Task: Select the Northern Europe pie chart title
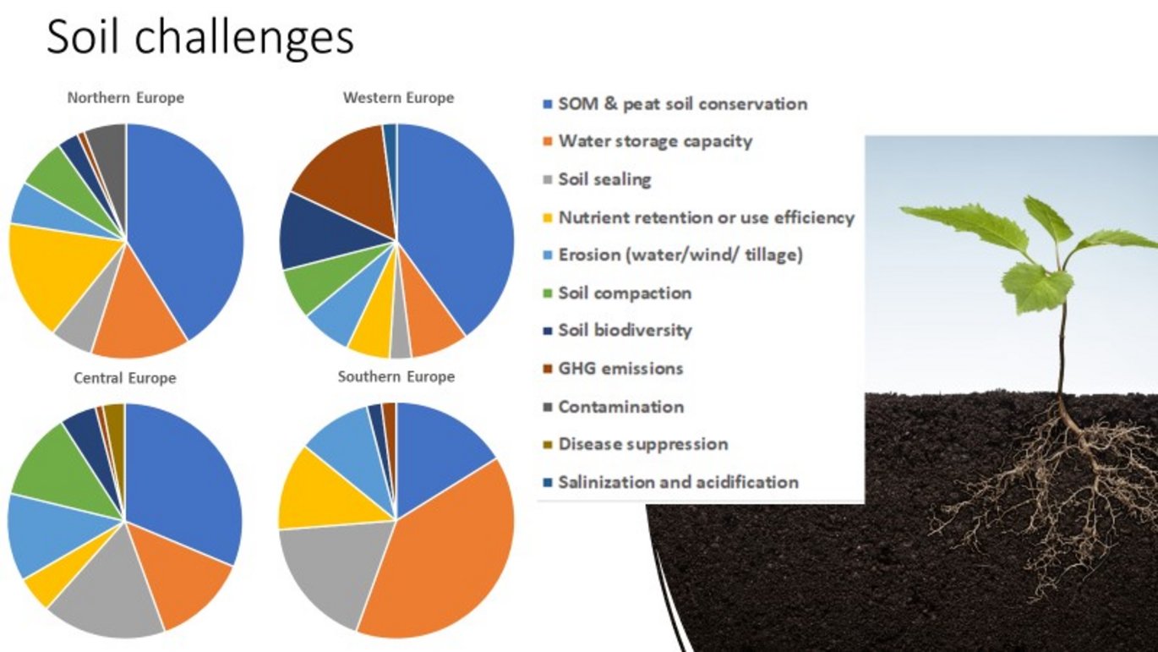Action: (x=126, y=98)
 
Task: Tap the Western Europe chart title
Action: (x=399, y=98)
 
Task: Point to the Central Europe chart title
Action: (x=125, y=378)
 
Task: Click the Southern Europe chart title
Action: (x=396, y=376)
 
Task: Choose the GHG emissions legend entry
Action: (x=613, y=369)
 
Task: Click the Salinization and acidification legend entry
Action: (x=670, y=482)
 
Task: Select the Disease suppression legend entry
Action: (x=636, y=444)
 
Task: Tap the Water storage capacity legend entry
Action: (x=647, y=141)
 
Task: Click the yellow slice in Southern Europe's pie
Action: (x=325, y=491)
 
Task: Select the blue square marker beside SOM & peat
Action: (x=548, y=105)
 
